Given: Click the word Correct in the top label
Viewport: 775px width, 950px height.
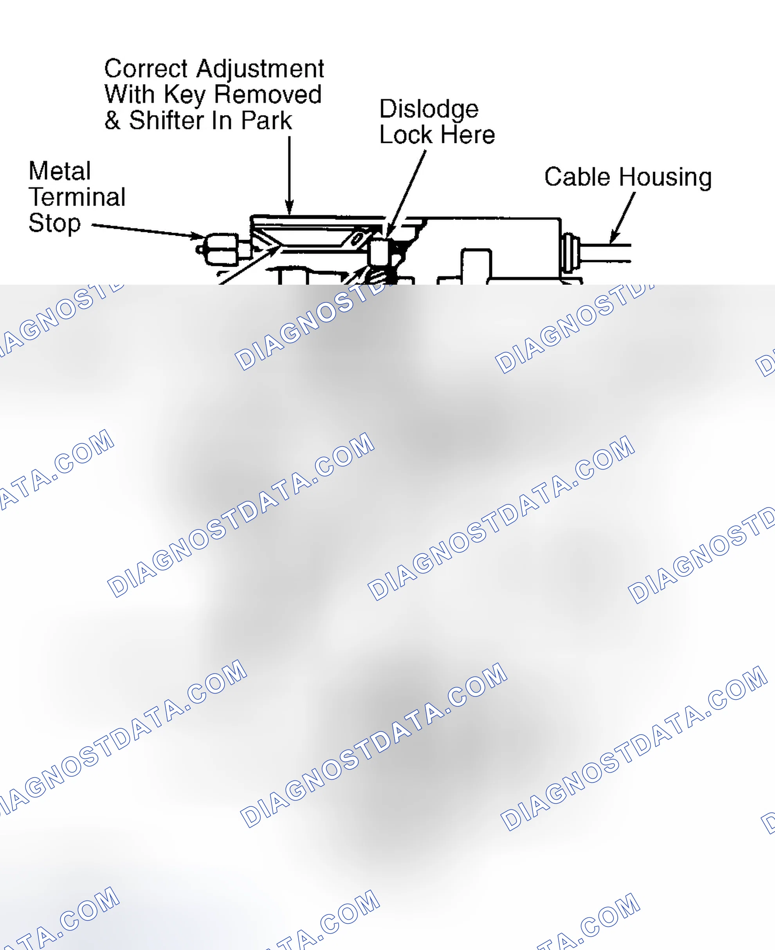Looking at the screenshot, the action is [x=146, y=69].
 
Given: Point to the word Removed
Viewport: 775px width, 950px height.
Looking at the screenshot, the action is [x=268, y=94].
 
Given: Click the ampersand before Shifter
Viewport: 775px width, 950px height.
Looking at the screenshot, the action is [x=112, y=120].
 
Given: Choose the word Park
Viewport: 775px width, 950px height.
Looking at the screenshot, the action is [x=267, y=121].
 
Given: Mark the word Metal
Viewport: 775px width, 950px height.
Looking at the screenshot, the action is [x=60, y=171].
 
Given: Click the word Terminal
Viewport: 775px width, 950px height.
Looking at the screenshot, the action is [x=77, y=197].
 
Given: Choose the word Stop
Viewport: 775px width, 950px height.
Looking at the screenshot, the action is [x=54, y=224].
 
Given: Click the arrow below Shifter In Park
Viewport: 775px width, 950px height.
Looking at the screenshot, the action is [x=289, y=175].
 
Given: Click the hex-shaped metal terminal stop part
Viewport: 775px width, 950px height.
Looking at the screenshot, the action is [x=222, y=251].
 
